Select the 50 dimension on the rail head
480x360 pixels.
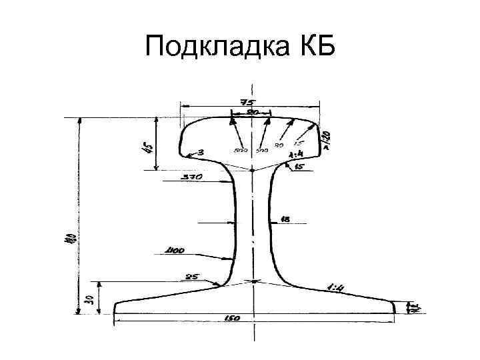point(254,113)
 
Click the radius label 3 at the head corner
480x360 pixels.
point(201,153)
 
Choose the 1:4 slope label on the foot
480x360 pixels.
point(335,287)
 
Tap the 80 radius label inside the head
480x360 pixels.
point(279,146)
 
